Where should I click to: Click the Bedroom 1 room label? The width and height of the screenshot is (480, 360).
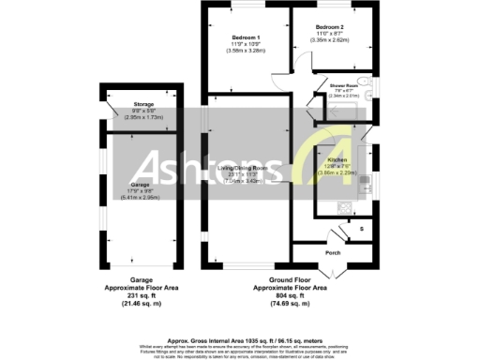coord(246,37)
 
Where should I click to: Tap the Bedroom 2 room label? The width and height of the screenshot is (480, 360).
coord(331,27)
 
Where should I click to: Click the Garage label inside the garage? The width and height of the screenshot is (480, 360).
coord(138,186)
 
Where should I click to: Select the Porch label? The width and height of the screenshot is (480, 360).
coord(333,252)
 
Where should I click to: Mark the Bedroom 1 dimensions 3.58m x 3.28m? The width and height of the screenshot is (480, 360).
coord(246,51)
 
